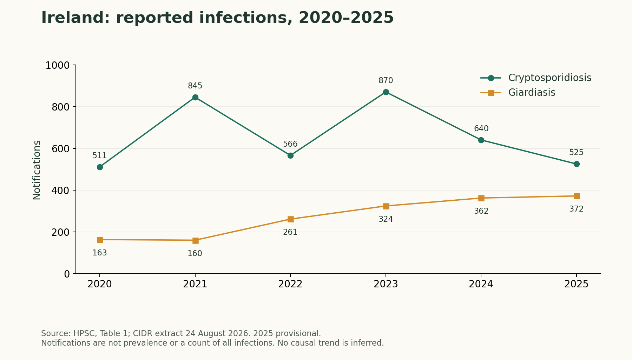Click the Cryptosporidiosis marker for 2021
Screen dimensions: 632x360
pyautogui.click(x=195, y=97)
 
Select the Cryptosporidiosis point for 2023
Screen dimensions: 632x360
pyautogui.click(x=386, y=92)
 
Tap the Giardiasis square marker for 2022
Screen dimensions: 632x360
pyautogui.click(x=290, y=219)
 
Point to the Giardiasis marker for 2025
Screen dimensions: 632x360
pyautogui.click(x=577, y=196)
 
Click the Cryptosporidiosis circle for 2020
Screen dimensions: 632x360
pyautogui.click(x=100, y=167)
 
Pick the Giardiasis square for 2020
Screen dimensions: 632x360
pyautogui.click(x=100, y=240)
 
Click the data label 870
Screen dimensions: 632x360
pyautogui.click(x=386, y=81)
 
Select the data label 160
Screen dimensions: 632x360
pyautogui.click(x=195, y=254)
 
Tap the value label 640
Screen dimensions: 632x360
pyautogui.click(x=481, y=129)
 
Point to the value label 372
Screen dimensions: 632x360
pyautogui.click(x=576, y=209)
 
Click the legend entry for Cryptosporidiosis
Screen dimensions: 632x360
pyautogui.click(x=536, y=78)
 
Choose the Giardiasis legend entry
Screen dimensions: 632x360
pyautogui.click(x=518, y=93)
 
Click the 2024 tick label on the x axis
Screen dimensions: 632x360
pyautogui.click(x=481, y=284)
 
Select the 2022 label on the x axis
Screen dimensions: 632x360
pyautogui.click(x=290, y=284)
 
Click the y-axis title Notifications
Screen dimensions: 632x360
pyautogui.click(x=37, y=170)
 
